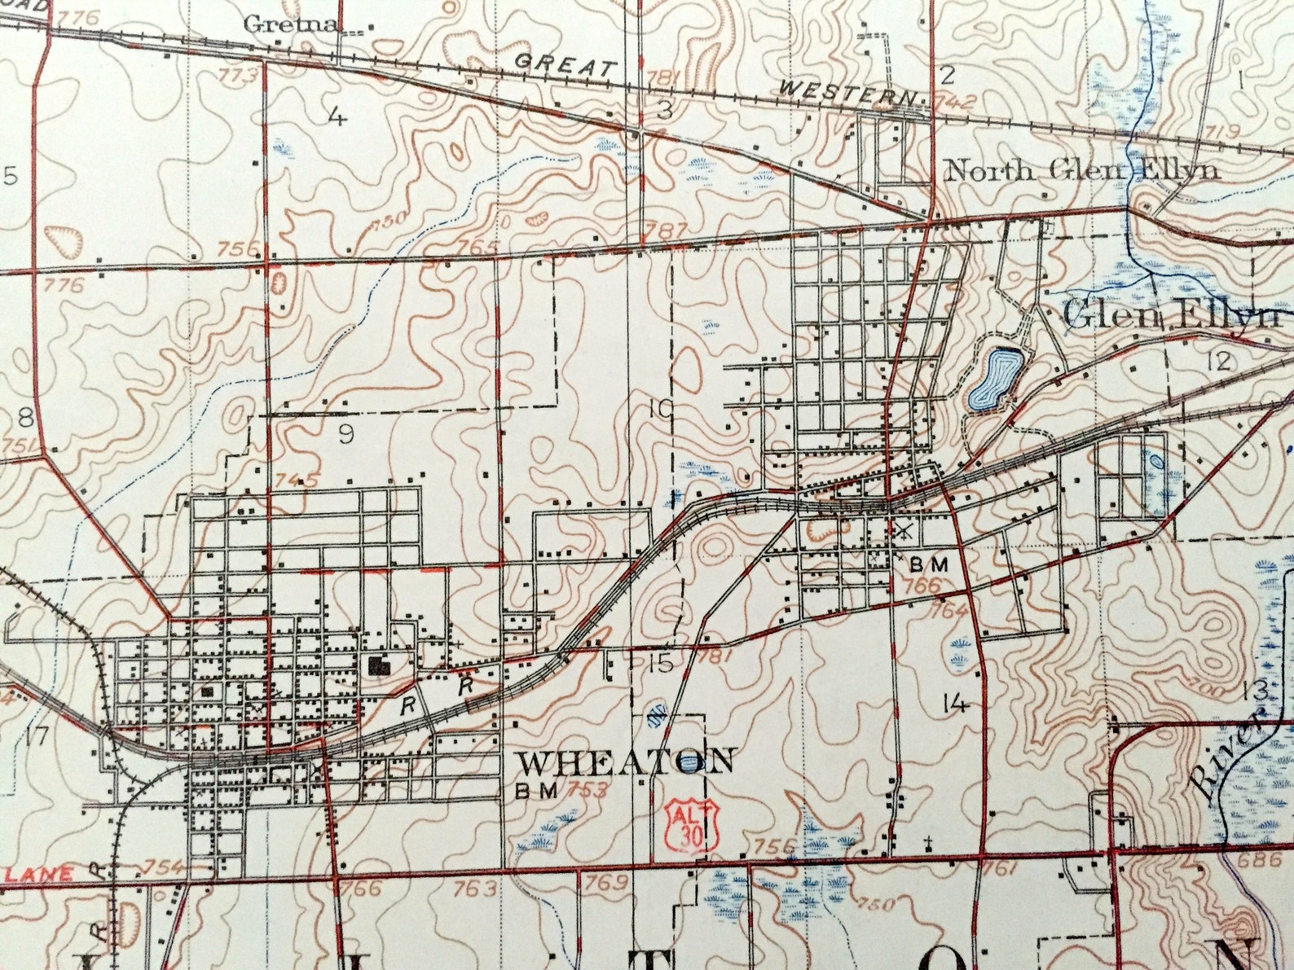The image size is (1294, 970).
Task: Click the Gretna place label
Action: [x=291, y=24]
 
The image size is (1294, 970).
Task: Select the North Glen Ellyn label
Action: [x=1082, y=171]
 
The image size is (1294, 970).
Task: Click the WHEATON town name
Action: [x=626, y=762]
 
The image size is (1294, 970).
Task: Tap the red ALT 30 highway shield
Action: [x=693, y=825]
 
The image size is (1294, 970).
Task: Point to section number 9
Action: [x=346, y=434]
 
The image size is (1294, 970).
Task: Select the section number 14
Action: [x=955, y=701]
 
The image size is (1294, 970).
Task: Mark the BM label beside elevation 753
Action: [x=535, y=789]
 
